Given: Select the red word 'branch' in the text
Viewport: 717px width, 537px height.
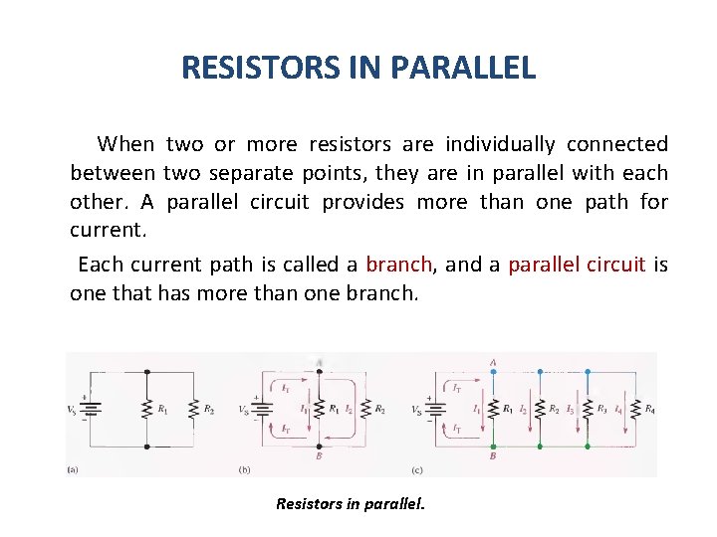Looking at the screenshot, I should click(x=398, y=265).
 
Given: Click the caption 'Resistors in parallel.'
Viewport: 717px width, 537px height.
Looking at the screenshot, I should click(x=350, y=503).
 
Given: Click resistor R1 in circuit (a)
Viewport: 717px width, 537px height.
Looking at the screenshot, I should click(x=147, y=409).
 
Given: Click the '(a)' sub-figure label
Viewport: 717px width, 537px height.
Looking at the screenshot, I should click(x=73, y=469).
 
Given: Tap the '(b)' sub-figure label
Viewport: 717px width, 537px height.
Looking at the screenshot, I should click(x=244, y=469).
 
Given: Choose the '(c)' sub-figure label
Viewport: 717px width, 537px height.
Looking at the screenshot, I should click(x=418, y=469).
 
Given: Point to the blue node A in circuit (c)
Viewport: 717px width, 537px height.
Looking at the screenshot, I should click(x=493, y=372).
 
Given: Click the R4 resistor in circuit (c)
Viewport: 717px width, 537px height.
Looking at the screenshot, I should click(x=634, y=409).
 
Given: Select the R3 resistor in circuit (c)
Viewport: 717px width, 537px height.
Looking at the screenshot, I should click(x=587, y=409).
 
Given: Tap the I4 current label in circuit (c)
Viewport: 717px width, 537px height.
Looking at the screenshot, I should click(x=618, y=409).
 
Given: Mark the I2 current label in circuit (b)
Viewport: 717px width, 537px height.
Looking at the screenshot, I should click(x=348, y=409).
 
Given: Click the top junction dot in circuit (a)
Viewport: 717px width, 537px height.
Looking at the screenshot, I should click(x=147, y=372).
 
